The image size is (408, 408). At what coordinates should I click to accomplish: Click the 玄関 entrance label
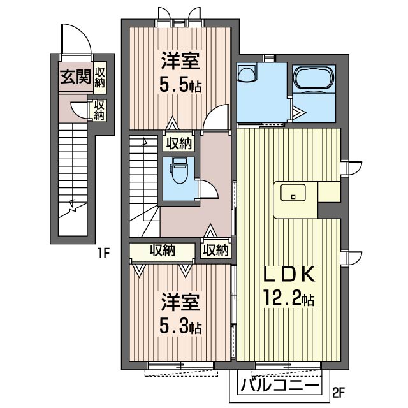pos(75,76)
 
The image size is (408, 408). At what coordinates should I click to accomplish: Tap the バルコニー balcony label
pos(279,385)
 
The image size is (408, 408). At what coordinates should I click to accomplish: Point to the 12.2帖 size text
pos(289,298)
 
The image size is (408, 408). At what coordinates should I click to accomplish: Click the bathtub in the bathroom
pos(314,77)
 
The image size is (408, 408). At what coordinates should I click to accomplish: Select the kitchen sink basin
pos(293,193)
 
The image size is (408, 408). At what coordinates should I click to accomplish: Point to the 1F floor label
pos(103,253)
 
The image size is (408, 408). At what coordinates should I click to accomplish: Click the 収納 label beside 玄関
pos(100,78)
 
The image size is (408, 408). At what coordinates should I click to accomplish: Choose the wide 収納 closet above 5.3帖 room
pos(163,251)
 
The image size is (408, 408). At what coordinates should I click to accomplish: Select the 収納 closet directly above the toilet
pos(179,143)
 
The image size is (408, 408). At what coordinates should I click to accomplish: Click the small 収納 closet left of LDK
pos(215,251)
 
